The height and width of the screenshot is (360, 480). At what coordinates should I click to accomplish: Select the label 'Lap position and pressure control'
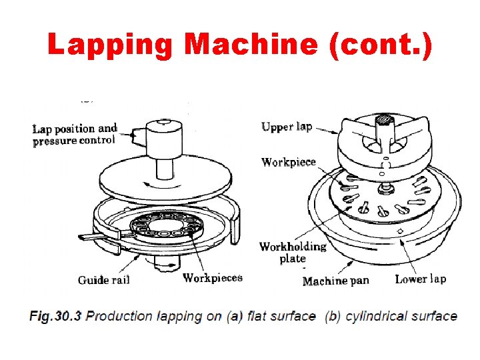[75, 134]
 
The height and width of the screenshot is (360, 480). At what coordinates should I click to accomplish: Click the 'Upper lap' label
[287, 127]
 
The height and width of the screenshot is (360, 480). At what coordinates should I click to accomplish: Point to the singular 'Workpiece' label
[289, 162]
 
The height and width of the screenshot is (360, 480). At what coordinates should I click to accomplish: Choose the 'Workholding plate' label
[293, 252]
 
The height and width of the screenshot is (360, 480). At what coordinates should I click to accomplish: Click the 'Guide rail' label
[104, 280]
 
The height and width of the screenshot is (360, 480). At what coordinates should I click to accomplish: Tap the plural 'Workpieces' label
[213, 278]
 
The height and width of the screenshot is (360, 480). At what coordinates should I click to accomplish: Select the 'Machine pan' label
[335, 281]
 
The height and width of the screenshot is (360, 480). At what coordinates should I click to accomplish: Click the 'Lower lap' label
[421, 279]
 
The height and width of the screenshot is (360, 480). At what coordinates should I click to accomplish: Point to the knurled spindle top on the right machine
[385, 120]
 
